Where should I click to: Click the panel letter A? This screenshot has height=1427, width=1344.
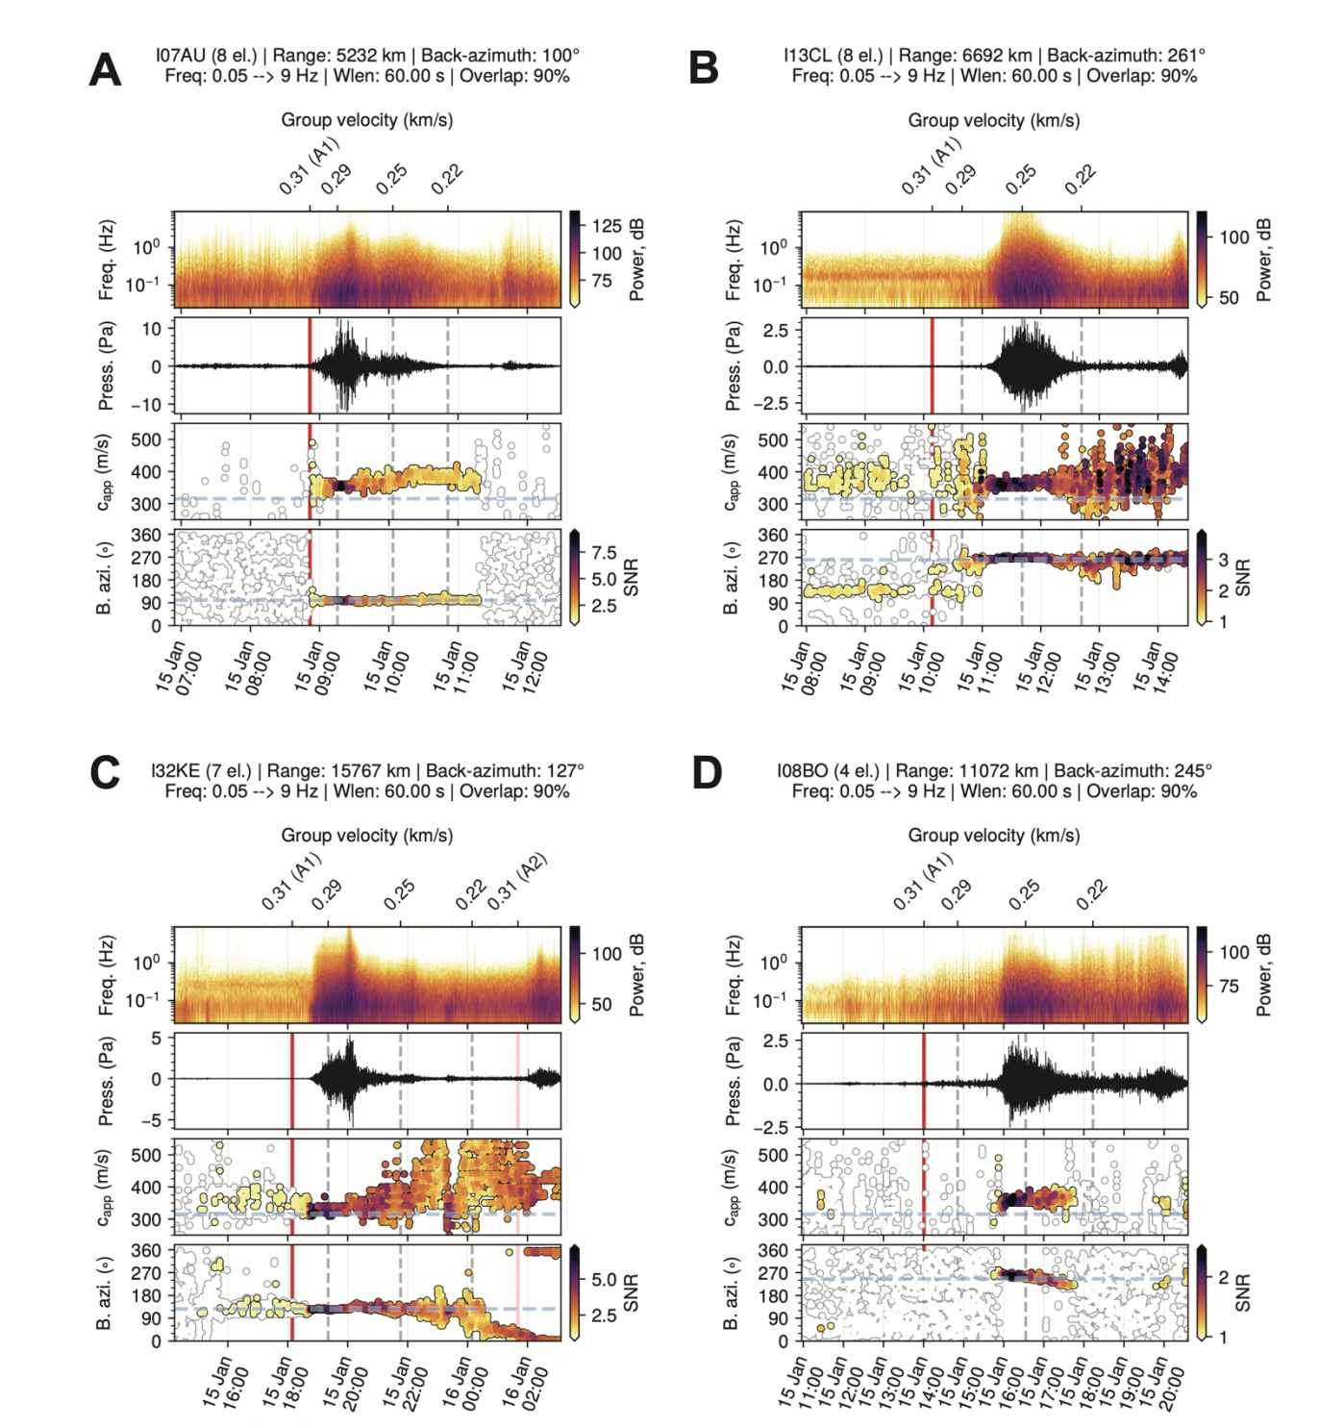point(105,70)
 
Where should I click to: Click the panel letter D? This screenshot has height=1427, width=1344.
point(707,773)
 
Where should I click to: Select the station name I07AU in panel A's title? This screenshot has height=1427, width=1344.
point(181,56)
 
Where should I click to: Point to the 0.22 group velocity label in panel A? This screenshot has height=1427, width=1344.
point(447,179)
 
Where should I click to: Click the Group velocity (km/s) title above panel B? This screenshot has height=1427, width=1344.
point(993,120)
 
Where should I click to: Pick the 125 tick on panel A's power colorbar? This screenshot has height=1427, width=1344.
point(607,226)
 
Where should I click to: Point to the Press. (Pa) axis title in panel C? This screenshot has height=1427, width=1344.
point(106,1081)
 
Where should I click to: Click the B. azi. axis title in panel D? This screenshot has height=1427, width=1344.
point(733,1294)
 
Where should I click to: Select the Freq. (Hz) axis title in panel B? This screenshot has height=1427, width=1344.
point(733,261)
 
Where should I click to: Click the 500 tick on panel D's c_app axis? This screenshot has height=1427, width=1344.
point(773,1156)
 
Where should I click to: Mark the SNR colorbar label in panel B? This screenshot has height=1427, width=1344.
point(1243,577)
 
